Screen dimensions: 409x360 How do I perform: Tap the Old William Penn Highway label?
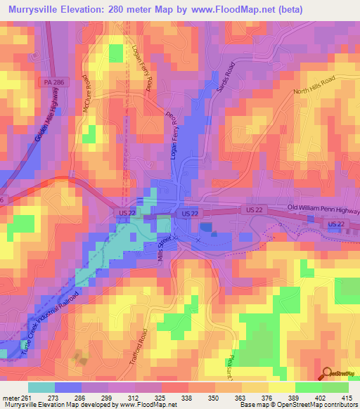[x=323, y=209]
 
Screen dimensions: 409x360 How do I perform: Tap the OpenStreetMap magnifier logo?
[x=326, y=373]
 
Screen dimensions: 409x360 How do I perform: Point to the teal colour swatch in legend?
[x=41, y=387]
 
